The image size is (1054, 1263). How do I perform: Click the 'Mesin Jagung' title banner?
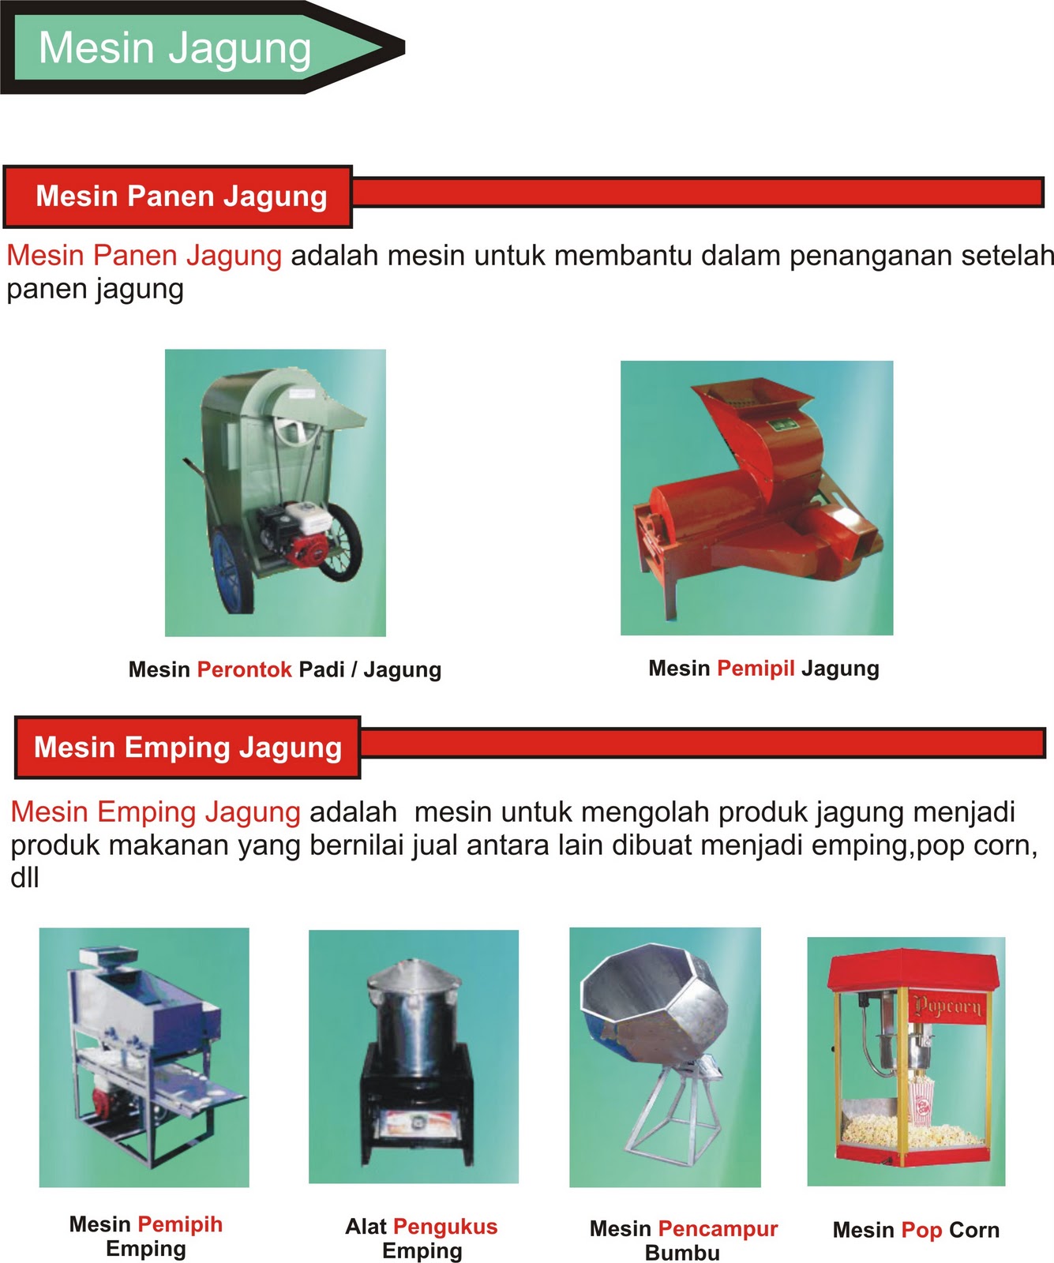175,48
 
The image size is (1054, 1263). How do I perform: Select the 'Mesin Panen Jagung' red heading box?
180,197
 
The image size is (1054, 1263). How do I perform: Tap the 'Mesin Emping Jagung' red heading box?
187,748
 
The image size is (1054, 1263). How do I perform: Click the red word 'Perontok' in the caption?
244,669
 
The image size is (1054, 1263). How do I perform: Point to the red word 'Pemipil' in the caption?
756,668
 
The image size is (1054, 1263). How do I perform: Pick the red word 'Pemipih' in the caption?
180,1224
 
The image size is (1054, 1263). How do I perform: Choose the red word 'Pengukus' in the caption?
445,1226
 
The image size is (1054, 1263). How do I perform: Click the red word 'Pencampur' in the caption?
718,1228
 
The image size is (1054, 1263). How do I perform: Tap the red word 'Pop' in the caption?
921,1230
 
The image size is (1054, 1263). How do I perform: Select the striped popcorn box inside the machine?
921,1100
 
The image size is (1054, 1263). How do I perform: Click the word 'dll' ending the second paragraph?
24,878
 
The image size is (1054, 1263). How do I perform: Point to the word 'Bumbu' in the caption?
682,1253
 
